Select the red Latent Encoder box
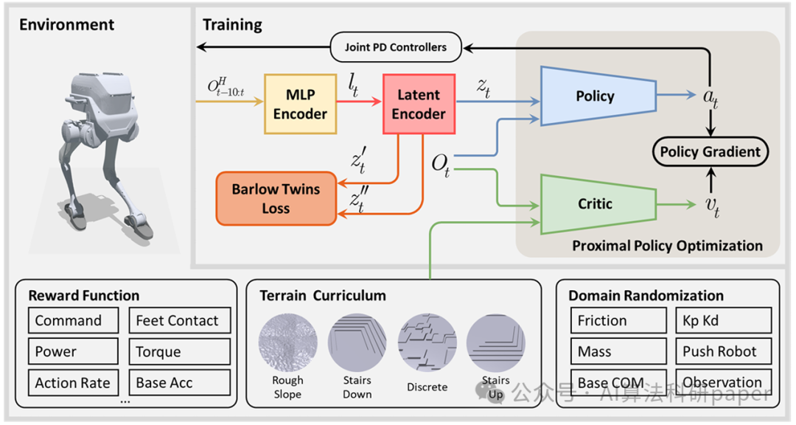(418, 104)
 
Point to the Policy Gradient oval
(710, 152)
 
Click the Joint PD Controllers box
(395, 47)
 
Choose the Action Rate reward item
(72, 383)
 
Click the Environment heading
(66, 25)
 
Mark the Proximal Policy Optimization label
(667, 245)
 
